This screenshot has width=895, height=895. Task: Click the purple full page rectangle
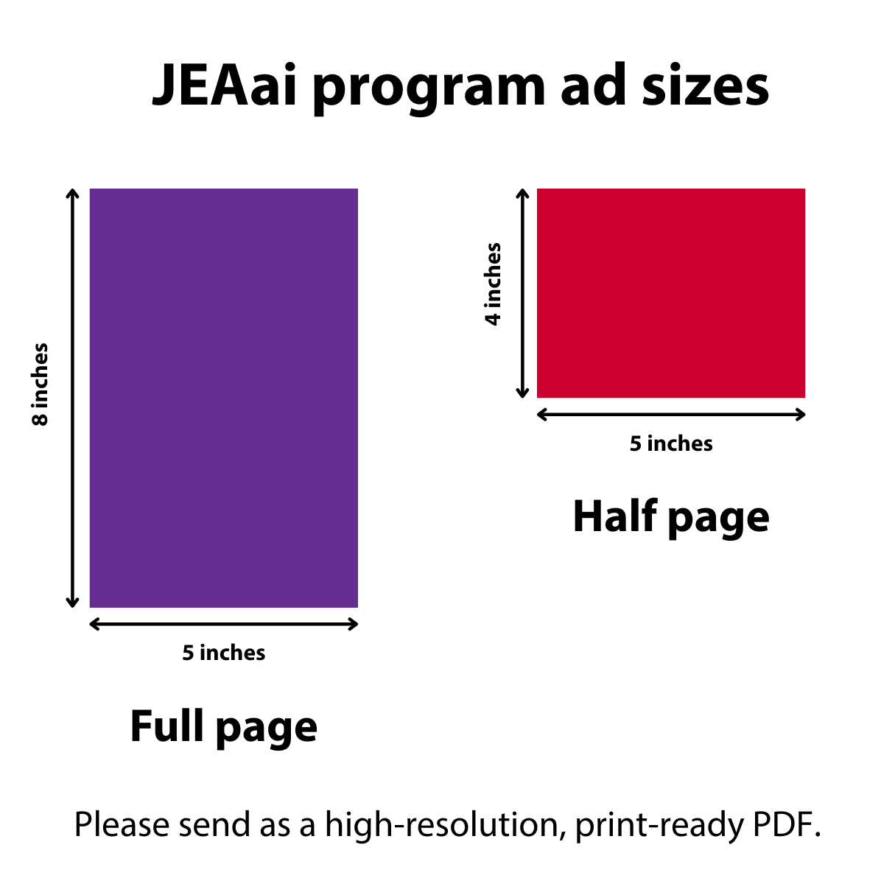point(223,398)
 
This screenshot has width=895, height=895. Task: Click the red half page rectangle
point(670,293)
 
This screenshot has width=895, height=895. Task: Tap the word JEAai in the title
point(224,85)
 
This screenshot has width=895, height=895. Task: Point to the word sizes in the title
point(705,85)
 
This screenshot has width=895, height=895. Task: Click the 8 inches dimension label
point(41,384)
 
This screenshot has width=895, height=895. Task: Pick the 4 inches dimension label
point(493,284)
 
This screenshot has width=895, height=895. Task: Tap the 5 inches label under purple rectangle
point(223,653)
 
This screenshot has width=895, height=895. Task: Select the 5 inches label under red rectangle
point(670,443)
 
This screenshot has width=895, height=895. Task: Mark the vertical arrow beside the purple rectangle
point(72,398)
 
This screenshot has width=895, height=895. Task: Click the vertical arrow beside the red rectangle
point(522,293)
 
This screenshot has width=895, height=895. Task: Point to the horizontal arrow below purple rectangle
point(223,624)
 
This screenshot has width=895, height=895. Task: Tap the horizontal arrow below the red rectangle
point(670,414)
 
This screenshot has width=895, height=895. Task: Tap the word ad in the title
point(593,85)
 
